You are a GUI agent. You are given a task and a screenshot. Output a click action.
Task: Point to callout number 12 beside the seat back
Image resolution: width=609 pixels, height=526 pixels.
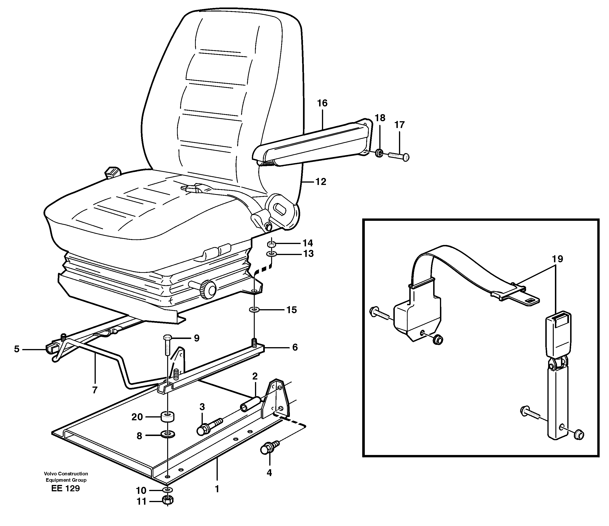tap(321, 182)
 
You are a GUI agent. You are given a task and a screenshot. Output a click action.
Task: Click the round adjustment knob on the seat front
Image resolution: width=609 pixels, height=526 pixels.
tap(208, 289)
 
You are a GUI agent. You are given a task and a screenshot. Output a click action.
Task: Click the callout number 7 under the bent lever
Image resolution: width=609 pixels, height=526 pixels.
tap(95, 390)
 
